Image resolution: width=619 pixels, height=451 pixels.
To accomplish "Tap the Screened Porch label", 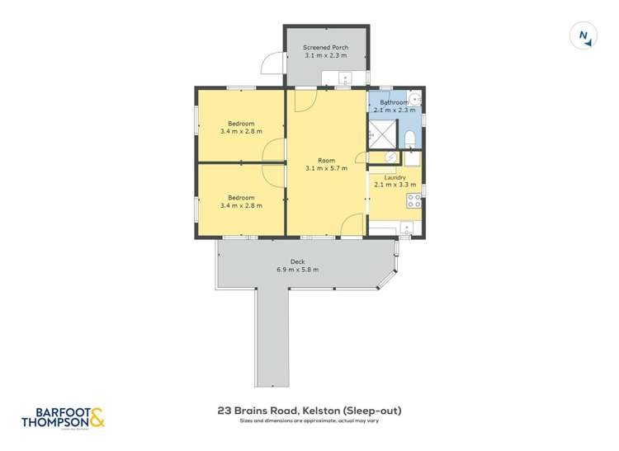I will coord(325,48).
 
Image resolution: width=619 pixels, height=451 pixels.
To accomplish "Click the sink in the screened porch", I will coord(346,78).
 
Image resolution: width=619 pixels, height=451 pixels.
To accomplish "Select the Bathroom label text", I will coord(394,103).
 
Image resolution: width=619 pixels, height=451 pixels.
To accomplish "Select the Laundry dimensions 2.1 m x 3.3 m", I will coord(395,186).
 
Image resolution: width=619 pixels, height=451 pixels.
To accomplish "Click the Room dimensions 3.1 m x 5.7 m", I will coord(325,168).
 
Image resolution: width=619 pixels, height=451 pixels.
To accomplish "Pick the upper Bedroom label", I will coord(241,124).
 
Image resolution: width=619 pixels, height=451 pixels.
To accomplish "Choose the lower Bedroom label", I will coord(241,198).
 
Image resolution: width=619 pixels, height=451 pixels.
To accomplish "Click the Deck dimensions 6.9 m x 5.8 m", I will coord(298,270).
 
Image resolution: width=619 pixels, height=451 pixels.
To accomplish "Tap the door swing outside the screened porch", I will coord(270,63).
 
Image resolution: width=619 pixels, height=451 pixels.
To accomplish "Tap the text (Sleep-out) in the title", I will coord(374,410).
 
